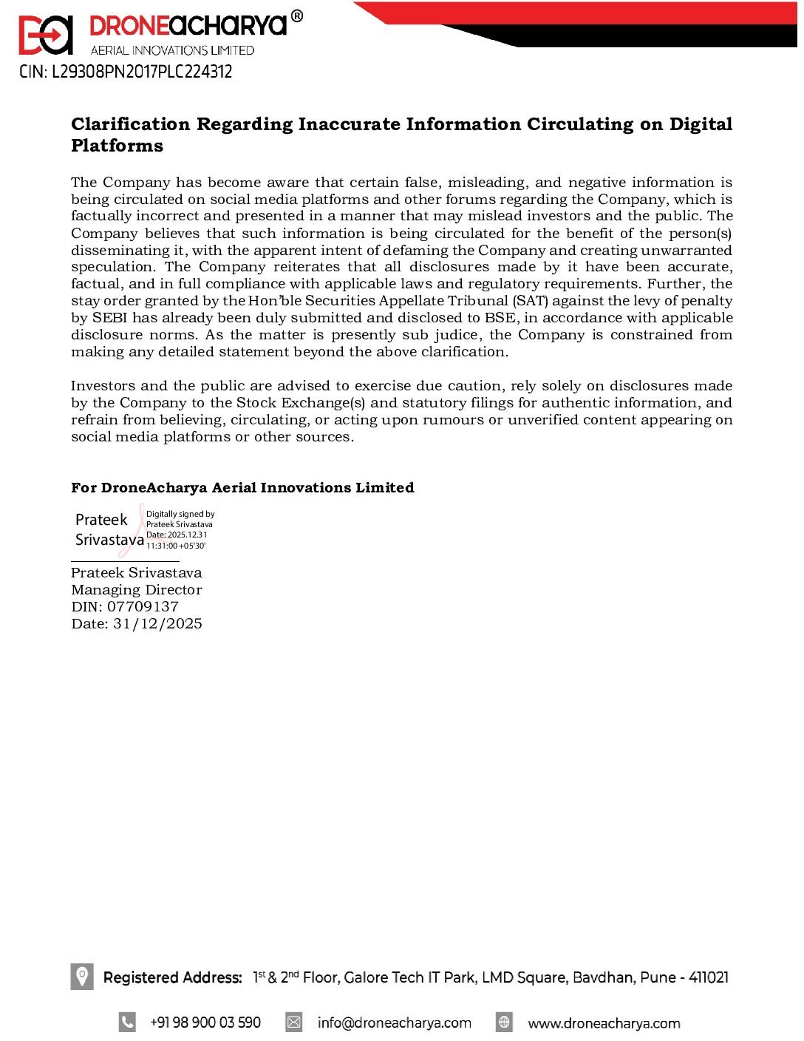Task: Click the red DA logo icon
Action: pos(46,35)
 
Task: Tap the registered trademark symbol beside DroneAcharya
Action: pos(296,16)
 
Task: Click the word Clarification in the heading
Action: pos(131,124)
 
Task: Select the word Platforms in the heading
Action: pos(117,146)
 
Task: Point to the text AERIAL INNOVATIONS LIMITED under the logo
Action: pos(172,50)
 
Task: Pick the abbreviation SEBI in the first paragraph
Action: pos(110,318)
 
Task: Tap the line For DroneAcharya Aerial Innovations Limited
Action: pos(242,488)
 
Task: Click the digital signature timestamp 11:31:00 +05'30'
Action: pos(176,546)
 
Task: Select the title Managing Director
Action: pos(137,590)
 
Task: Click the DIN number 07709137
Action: pos(143,607)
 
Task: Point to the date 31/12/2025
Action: pos(157,624)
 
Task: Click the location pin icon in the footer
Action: pos(82,976)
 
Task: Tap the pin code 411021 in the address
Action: pos(708,977)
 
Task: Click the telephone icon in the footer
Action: pos(127,1023)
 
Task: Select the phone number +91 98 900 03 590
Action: pos(205,1023)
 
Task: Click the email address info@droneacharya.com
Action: pos(394,1023)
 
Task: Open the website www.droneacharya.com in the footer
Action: pos(604,1023)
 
